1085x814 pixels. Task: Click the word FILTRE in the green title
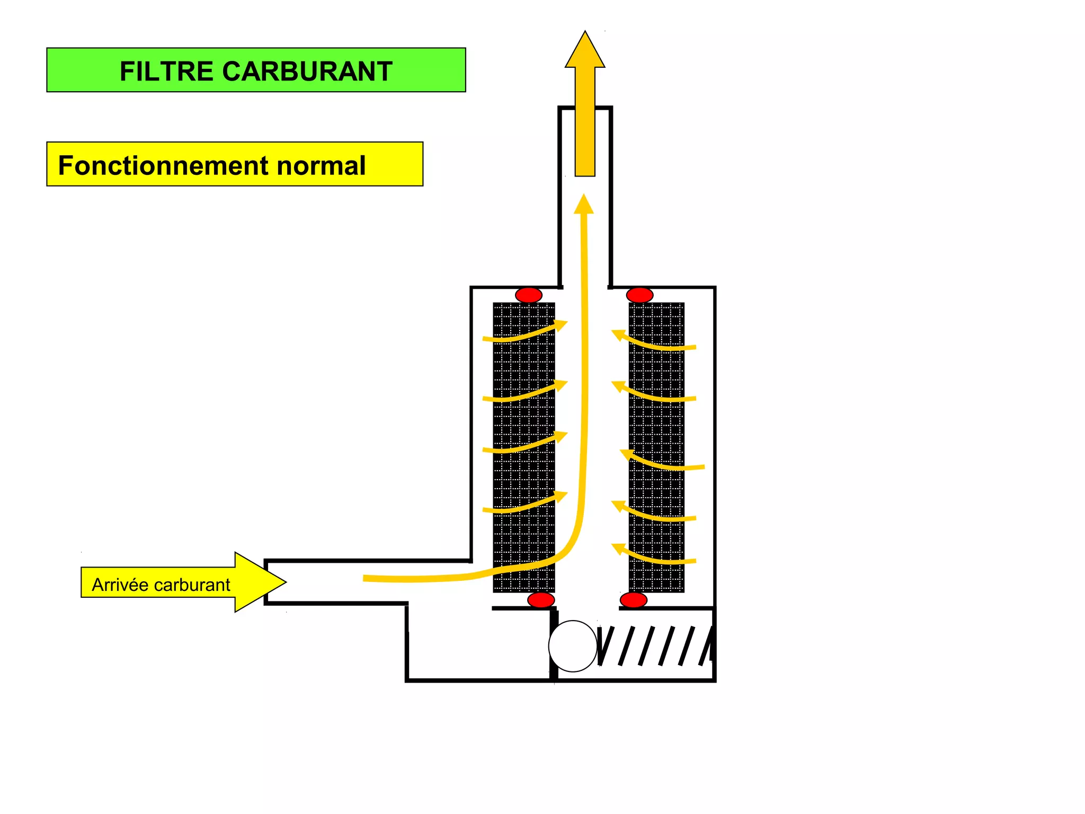click(165, 71)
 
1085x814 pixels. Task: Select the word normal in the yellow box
click(322, 165)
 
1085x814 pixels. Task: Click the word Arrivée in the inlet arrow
click(120, 585)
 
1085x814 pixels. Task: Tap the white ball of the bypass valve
click(573, 646)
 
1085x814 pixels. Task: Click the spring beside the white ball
click(655, 645)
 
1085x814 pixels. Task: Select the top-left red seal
click(529, 295)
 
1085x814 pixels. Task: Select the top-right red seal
click(639, 295)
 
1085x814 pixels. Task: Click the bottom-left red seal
click(541, 600)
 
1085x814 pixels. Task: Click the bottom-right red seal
click(633, 600)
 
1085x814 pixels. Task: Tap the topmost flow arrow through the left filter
click(524, 332)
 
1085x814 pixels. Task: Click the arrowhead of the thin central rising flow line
click(584, 205)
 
